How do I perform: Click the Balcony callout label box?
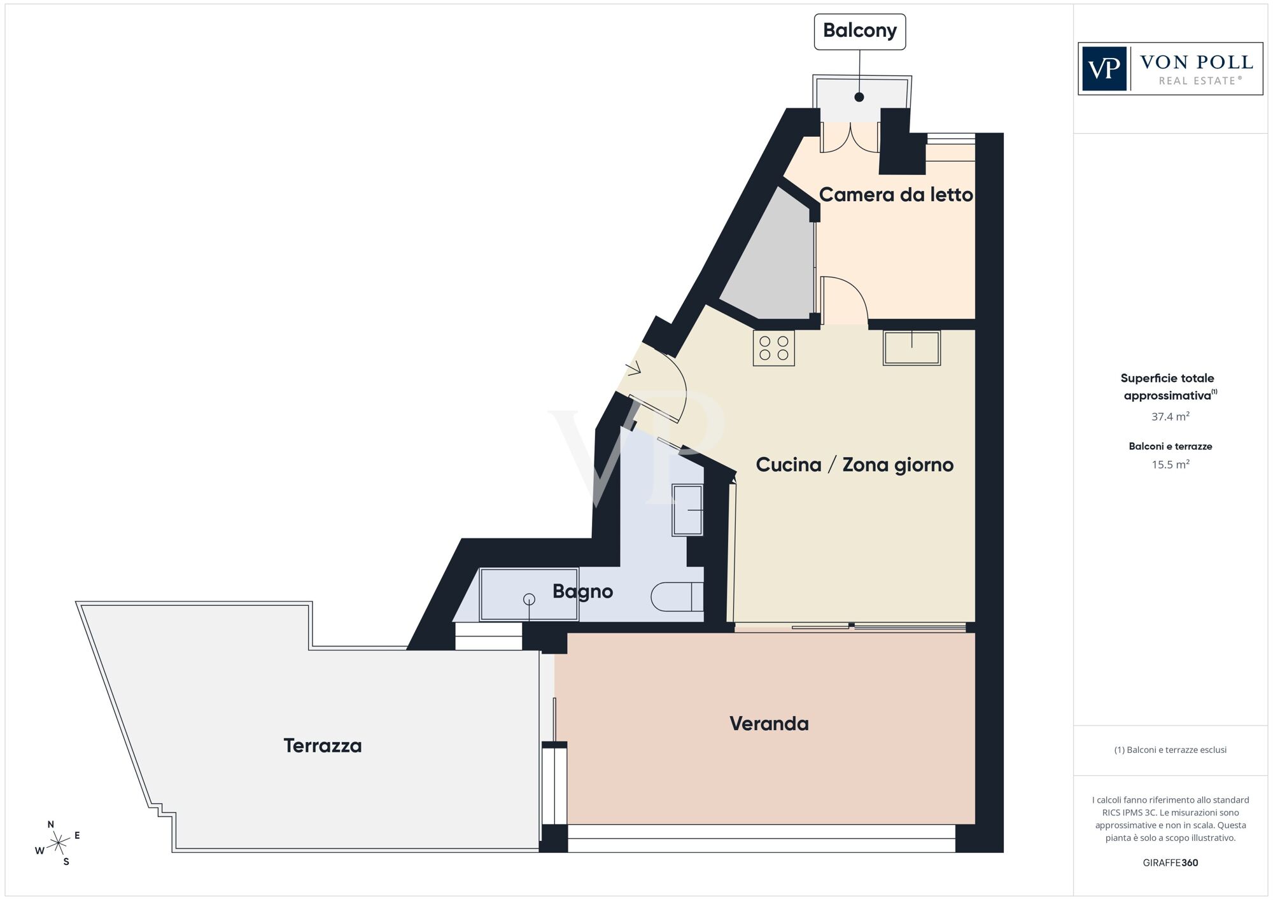[859, 31]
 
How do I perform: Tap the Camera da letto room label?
[896, 195]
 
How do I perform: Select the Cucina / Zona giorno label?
[854, 465]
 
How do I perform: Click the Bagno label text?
[582, 591]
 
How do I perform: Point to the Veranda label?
[769, 724]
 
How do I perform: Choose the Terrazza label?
[323, 745]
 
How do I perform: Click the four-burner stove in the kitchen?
[773, 348]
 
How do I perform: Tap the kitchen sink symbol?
[911, 348]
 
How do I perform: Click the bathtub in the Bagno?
[529, 594]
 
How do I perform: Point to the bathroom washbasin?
[688, 510]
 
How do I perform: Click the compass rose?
[58, 843]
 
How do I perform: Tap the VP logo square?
[1104, 69]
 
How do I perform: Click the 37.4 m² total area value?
[1170, 417]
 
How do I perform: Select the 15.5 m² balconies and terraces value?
[1170, 465]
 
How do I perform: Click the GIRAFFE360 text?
[1170, 863]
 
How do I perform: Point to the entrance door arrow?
[634, 369]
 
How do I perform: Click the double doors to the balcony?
[850, 137]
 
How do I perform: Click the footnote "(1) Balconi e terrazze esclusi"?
[1170, 750]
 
